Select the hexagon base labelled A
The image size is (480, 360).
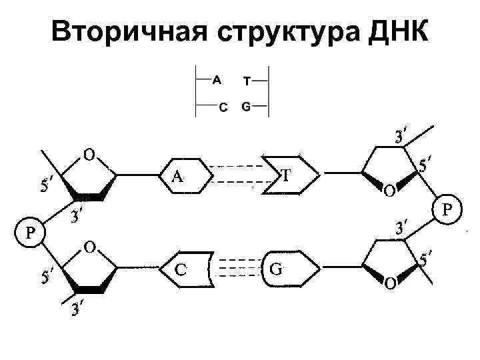(186, 176)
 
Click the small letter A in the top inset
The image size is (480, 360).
(217, 81)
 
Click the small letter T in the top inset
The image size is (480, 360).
(247, 81)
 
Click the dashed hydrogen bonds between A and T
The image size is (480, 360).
(238, 175)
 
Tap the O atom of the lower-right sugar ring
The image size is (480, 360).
(389, 285)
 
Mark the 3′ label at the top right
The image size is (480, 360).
(401, 137)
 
